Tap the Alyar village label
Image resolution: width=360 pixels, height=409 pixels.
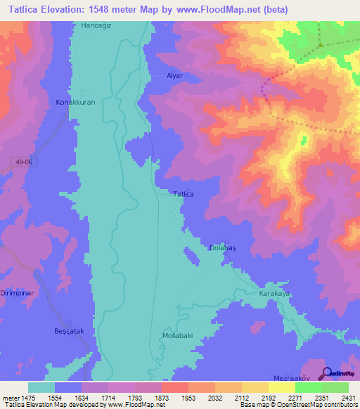[174, 75]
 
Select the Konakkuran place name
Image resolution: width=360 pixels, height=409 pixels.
[75, 102]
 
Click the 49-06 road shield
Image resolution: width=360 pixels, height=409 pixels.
[25, 162]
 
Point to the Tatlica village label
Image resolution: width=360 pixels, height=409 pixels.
[183, 194]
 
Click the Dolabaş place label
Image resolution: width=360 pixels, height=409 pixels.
[221, 248]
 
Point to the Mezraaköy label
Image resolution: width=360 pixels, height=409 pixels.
[290, 377]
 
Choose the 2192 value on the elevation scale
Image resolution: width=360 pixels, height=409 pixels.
[269, 397]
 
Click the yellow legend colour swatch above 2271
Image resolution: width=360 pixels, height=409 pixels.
[281, 387]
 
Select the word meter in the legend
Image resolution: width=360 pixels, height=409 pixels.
[11, 397]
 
